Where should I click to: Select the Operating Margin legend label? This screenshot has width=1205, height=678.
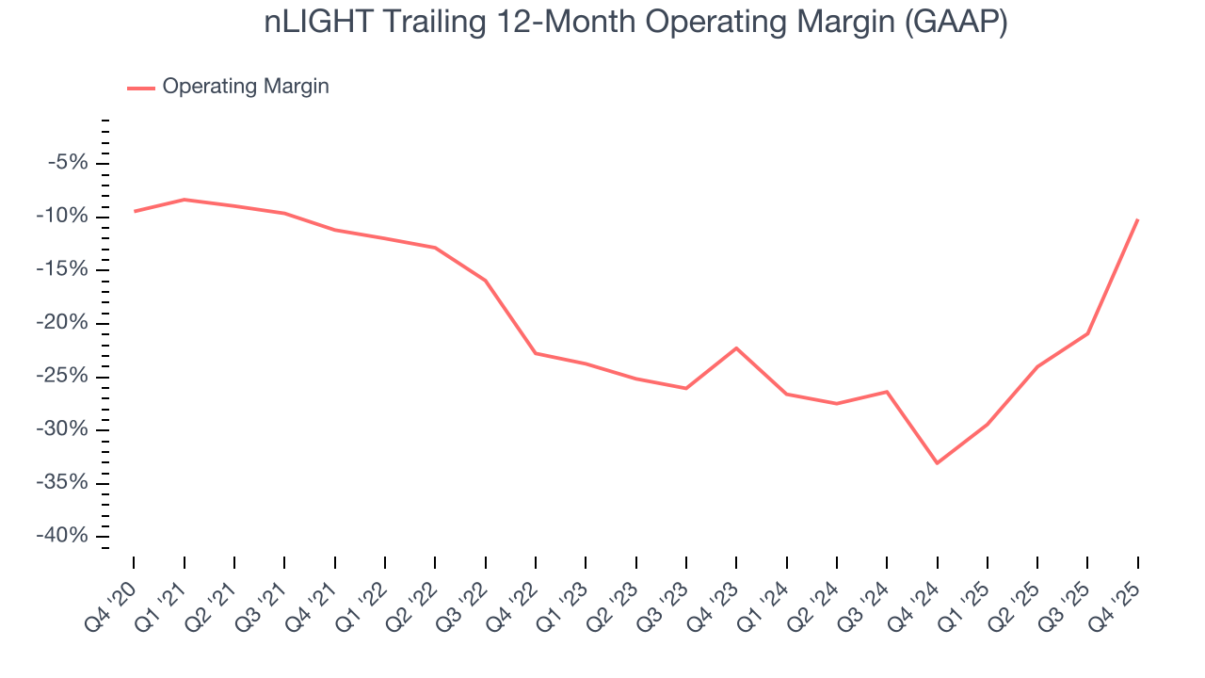[x=246, y=87]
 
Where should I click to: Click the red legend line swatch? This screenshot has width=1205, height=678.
[x=140, y=88]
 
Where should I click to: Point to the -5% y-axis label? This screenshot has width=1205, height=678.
[x=68, y=163]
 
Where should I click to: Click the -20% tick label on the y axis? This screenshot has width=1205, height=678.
[x=63, y=323]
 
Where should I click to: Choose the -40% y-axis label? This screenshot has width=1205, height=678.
[x=63, y=536]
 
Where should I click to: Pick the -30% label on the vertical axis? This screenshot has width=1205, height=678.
[x=63, y=429]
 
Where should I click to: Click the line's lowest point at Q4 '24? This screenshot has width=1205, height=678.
[x=937, y=462]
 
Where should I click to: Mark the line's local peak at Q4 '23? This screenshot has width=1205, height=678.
[x=736, y=348]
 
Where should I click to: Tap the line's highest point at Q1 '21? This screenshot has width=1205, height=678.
[x=184, y=200]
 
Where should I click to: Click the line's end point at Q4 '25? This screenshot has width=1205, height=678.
[x=1137, y=219]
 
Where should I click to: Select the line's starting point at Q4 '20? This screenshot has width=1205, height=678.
[x=134, y=211]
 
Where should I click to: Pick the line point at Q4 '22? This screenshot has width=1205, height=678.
[x=536, y=353]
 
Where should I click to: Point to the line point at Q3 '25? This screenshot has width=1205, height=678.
[x=1087, y=333]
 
